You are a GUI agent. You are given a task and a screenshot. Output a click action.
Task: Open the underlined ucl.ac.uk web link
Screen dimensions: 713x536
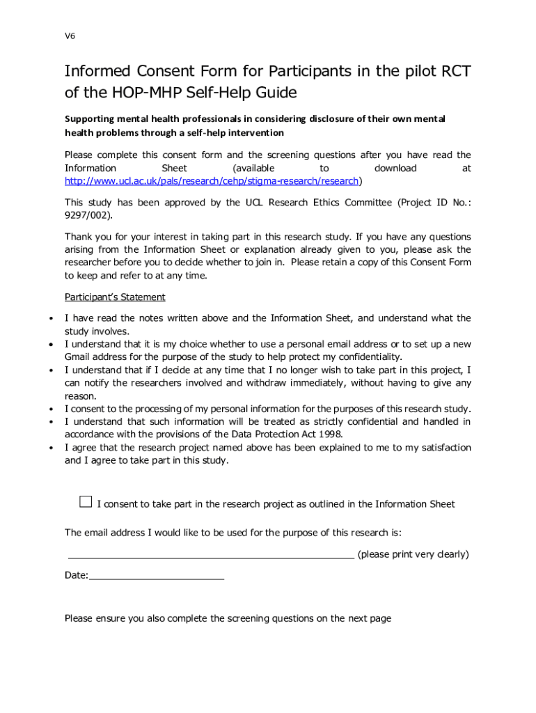pos(211,181)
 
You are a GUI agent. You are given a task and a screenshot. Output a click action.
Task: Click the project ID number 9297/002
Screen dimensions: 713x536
pos(87,215)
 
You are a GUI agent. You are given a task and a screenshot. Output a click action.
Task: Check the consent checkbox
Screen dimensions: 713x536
pos(85,502)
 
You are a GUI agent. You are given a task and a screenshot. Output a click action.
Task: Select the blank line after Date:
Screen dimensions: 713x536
pos(157,577)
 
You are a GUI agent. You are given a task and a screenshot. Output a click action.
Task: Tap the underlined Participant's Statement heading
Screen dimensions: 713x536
pos(115,297)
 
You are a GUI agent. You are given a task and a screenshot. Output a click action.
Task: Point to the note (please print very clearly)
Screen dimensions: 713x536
pos(413,554)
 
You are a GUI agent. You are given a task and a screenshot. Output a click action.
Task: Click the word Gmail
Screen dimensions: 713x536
pos(79,357)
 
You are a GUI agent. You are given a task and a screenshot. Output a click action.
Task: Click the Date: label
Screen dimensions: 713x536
pos(77,576)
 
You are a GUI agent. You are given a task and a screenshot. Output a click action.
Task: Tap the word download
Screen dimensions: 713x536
pos(395,169)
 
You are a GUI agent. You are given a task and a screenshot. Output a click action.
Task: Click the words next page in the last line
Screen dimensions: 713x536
pos(369,618)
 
